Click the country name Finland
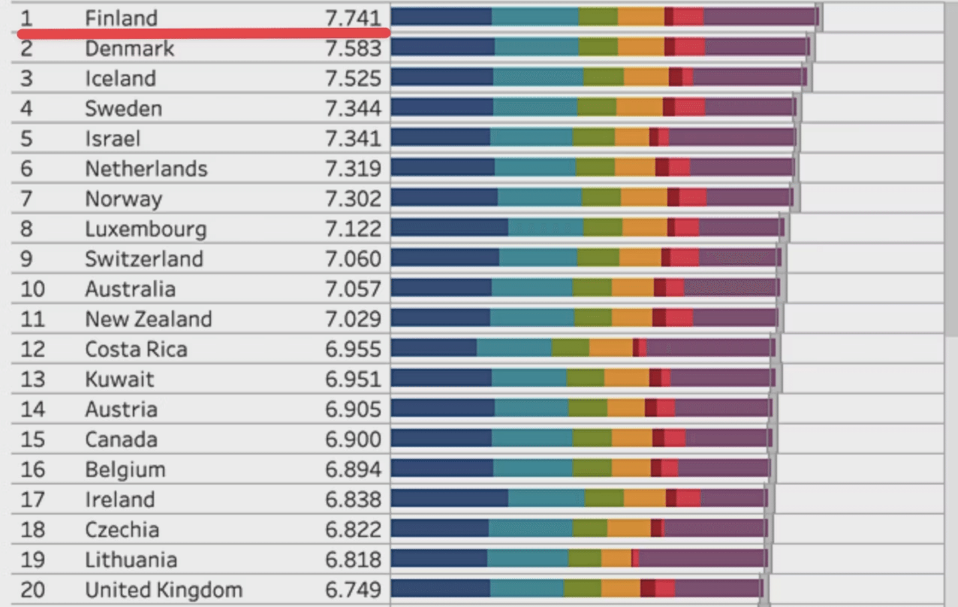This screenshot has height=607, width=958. (x=121, y=18)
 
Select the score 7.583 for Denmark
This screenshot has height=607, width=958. (x=353, y=49)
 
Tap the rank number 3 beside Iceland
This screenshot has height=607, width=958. (x=26, y=79)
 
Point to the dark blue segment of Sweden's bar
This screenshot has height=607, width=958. (x=442, y=107)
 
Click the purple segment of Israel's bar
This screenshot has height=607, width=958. (x=732, y=137)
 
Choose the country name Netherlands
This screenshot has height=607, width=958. (x=146, y=169)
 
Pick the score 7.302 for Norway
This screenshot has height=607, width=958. (x=353, y=199)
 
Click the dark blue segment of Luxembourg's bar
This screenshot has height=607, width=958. (x=450, y=228)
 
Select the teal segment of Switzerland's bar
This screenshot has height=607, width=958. (x=538, y=258)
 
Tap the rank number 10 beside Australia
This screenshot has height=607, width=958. (x=33, y=290)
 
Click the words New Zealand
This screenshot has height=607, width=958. (x=148, y=319)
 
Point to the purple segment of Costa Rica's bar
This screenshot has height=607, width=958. (x=709, y=347)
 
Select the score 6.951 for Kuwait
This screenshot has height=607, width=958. (x=353, y=379)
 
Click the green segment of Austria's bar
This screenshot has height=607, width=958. (x=587, y=408)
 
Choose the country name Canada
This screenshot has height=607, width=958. (x=121, y=440)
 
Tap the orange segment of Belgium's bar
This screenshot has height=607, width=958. (x=631, y=468)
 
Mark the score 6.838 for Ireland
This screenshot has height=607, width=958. (x=353, y=500)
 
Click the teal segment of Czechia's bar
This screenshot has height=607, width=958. (x=530, y=528)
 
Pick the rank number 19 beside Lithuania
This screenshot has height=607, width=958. (x=33, y=560)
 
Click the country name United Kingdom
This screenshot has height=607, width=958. (x=164, y=590)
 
